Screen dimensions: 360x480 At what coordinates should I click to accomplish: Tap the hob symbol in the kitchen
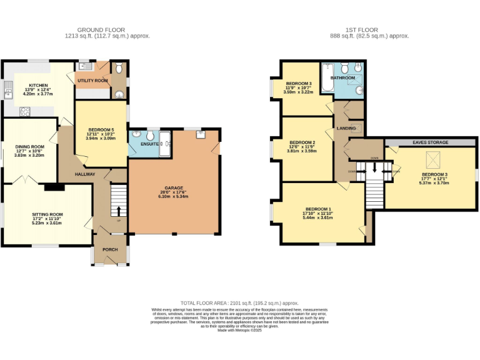26,112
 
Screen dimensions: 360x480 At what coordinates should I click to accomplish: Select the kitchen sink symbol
8,91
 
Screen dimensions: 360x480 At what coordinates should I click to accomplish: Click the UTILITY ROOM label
92,81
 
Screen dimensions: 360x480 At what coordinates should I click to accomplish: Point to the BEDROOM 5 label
101,129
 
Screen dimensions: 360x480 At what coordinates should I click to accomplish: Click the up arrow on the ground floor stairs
118,209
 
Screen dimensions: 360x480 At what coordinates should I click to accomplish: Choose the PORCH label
111,249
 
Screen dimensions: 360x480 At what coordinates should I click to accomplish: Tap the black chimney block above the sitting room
54,186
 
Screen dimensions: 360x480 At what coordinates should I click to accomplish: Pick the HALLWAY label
86,174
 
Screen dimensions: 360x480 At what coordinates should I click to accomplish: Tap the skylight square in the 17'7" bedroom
430,159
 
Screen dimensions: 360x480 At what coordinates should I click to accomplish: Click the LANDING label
346,129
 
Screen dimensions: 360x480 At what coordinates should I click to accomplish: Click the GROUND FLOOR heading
101,29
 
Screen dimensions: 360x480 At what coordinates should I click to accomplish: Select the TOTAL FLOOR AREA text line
239,301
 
